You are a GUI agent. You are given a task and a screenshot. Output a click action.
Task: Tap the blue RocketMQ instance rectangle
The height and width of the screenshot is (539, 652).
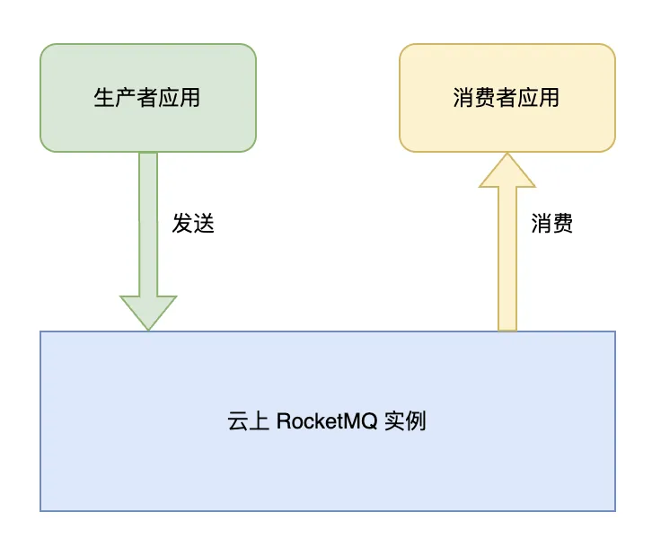pos(328,467)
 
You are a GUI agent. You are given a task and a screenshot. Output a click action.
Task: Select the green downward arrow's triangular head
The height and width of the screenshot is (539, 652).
pos(148,311)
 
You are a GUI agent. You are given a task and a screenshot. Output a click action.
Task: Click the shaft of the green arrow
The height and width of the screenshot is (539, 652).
pos(148,225)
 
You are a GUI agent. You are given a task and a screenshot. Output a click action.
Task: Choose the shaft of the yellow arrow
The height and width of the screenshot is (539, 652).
pos(507,261)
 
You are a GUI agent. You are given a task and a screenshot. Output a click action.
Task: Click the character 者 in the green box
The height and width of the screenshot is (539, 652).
pos(147,97)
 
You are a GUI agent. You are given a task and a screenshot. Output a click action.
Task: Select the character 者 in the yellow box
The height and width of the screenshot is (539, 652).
pos(507,97)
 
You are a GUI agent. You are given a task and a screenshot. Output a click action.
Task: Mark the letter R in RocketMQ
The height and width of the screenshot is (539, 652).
pos(282,420)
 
